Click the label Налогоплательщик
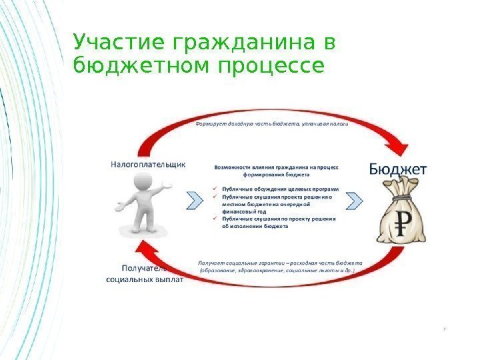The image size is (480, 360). coord(148,162)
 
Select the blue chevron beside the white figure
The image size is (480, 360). coord(193,199)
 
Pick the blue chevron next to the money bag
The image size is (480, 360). coord(355,199)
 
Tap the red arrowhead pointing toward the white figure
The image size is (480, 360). coord(143,251)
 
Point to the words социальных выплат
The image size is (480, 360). coord(145,279)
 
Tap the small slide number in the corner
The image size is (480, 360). coord(445,328)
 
